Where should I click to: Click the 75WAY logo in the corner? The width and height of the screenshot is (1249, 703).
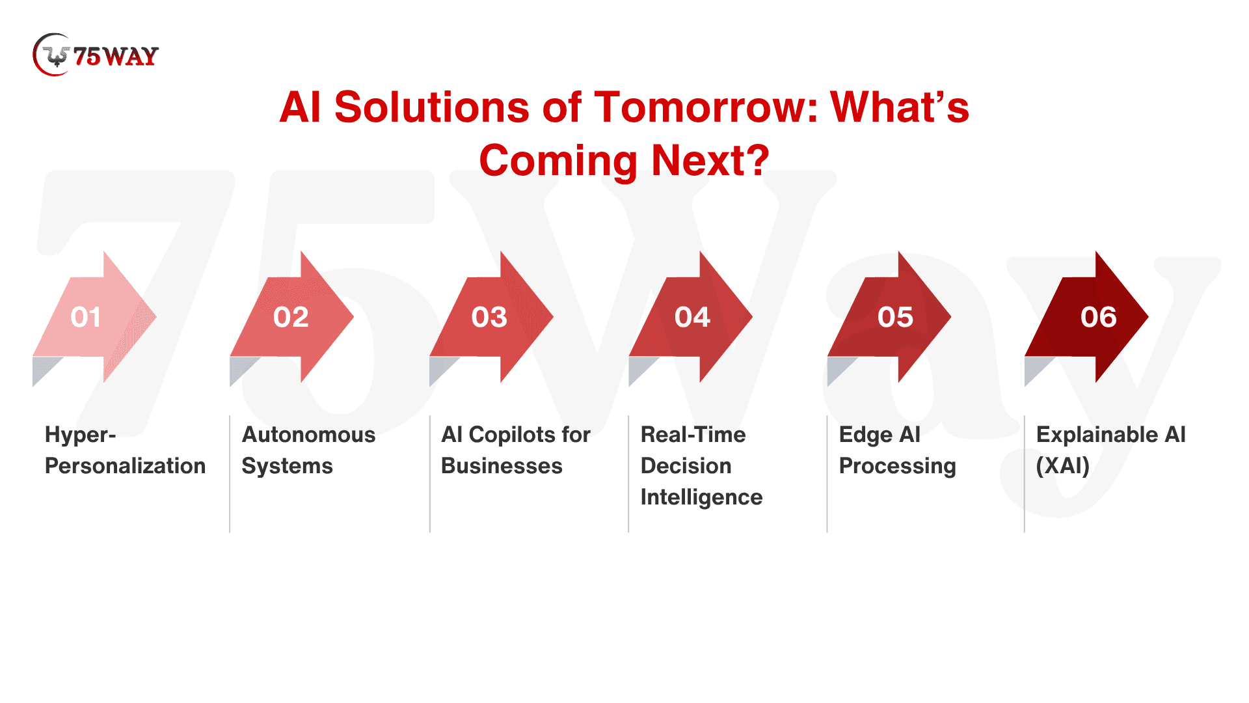(x=96, y=55)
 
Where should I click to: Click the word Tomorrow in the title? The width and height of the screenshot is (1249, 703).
(x=706, y=107)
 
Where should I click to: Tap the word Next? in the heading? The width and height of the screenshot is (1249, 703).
(x=710, y=160)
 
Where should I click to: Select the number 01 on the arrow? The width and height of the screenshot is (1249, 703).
(x=86, y=317)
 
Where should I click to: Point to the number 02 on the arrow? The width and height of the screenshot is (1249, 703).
(x=291, y=317)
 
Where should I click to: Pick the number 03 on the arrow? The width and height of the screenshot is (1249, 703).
(x=489, y=317)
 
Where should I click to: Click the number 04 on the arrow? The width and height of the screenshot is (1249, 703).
(x=692, y=317)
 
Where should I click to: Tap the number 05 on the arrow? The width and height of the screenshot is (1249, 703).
(x=896, y=317)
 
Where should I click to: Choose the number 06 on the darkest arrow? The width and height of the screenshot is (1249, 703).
(x=1099, y=317)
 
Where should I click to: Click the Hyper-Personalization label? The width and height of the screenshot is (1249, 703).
(x=125, y=450)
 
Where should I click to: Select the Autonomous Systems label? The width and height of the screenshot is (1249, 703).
(x=308, y=450)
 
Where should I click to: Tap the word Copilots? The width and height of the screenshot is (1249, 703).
(x=517, y=435)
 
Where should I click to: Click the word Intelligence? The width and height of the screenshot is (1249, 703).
(x=701, y=497)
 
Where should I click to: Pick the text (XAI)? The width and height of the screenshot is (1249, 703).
(x=1063, y=466)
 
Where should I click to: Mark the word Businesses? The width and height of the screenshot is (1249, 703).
(x=502, y=466)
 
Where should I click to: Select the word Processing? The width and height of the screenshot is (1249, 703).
(x=898, y=466)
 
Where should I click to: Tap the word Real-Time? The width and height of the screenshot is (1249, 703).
(x=693, y=435)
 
